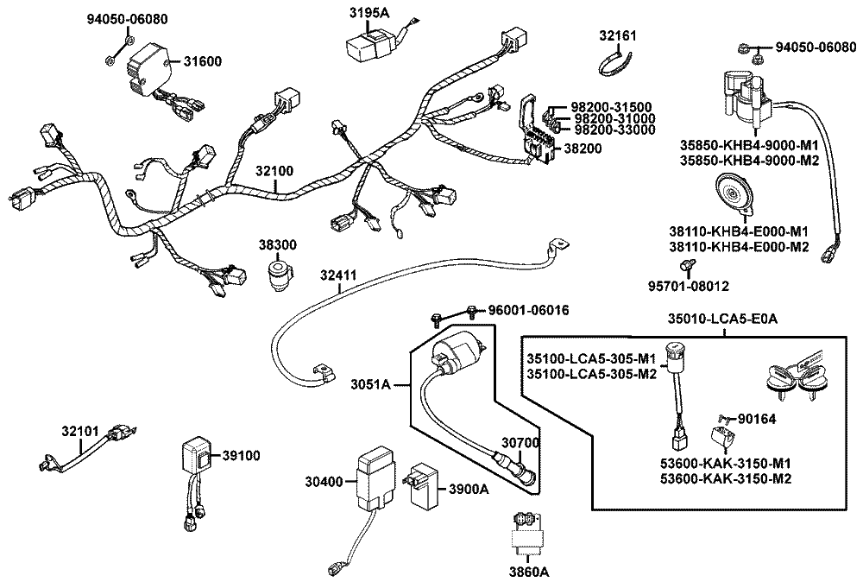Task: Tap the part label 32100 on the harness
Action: click(275, 172)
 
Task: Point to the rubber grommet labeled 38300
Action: click(278, 274)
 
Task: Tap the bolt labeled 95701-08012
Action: click(689, 264)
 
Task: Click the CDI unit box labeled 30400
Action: click(373, 479)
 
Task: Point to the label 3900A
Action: click(468, 489)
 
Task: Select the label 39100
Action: click(241, 455)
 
